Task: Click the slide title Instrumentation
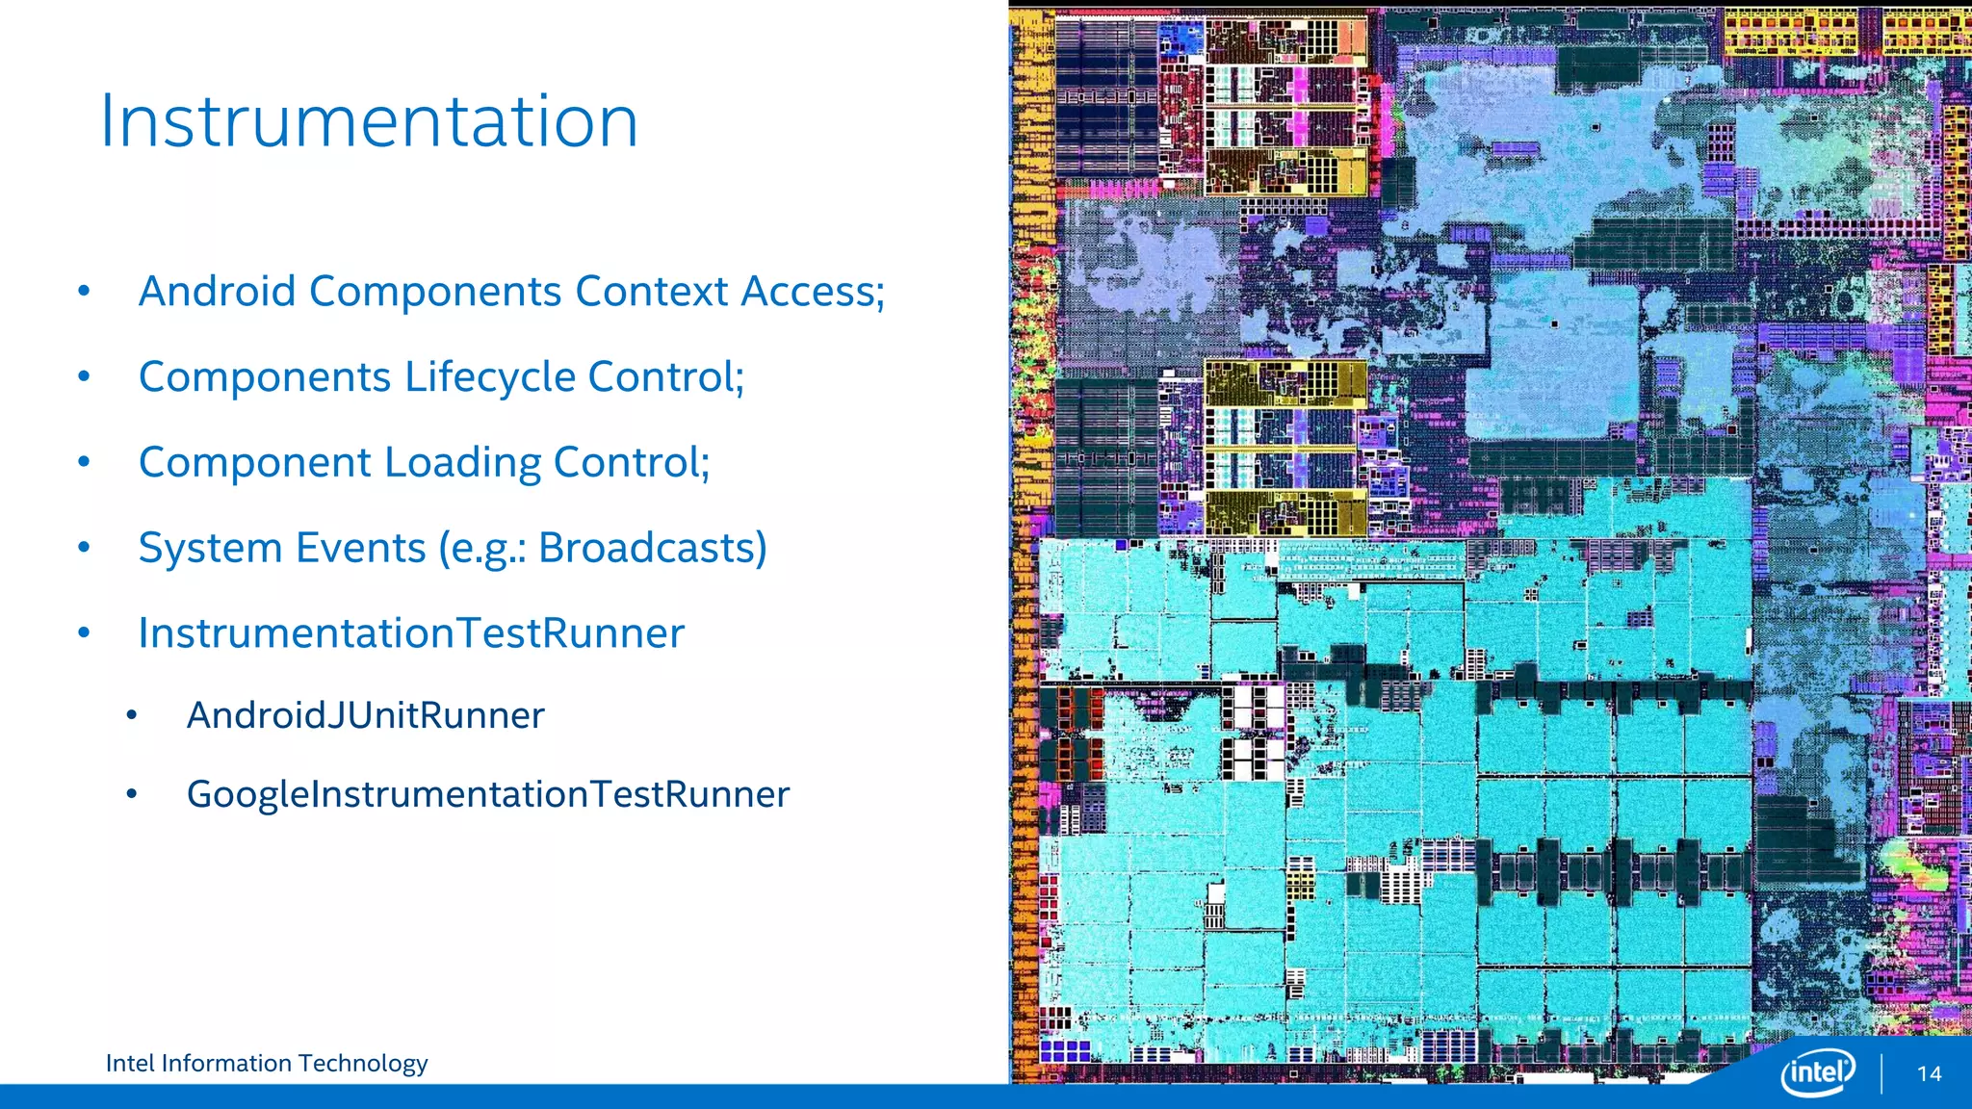point(369,122)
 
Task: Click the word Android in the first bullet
point(217,292)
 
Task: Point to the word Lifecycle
point(490,377)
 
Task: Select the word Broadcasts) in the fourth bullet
point(652,548)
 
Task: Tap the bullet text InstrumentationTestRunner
point(411,633)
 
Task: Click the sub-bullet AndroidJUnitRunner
point(365,715)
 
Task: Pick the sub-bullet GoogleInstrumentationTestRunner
point(487,794)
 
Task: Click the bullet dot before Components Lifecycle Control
point(85,377)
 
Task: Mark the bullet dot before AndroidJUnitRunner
point(132,715)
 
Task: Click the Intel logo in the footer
point(1817,1071)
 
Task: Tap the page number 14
point(1929,1073)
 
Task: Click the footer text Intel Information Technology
point(267,1063)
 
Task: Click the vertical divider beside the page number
point(1881,1072)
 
